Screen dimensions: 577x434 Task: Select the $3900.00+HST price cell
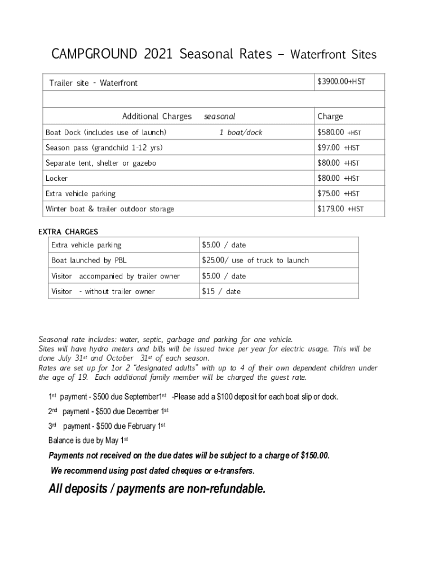(341, 82)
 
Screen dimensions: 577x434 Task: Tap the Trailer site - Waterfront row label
(93, 83)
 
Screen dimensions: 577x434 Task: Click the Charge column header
(330, 117)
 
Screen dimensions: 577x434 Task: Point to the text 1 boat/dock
(241, 132)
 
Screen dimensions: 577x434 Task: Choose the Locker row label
(56, 178)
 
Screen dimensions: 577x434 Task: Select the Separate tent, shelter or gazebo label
(101, 163)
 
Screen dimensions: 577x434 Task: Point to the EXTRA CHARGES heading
(68, 232)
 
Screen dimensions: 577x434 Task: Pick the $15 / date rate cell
(221, 291)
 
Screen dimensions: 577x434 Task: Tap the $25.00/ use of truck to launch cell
(255, 260)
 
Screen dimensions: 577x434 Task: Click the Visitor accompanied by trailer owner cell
(116, 276)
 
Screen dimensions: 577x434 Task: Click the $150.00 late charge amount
(315, 455)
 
